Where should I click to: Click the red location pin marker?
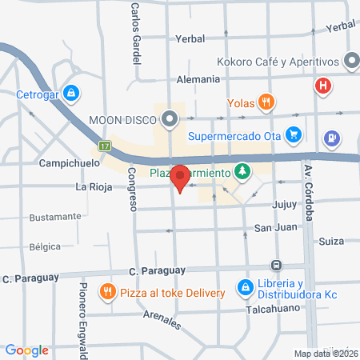click(180, 177)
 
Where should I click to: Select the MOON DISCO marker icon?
click(170, 120)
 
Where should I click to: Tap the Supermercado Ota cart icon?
click(294, 134)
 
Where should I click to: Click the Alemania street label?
click(199, 79)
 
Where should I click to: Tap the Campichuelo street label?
click(70, 162)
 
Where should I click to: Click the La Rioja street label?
click(92, 188)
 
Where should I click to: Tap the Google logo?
click(27, 350)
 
